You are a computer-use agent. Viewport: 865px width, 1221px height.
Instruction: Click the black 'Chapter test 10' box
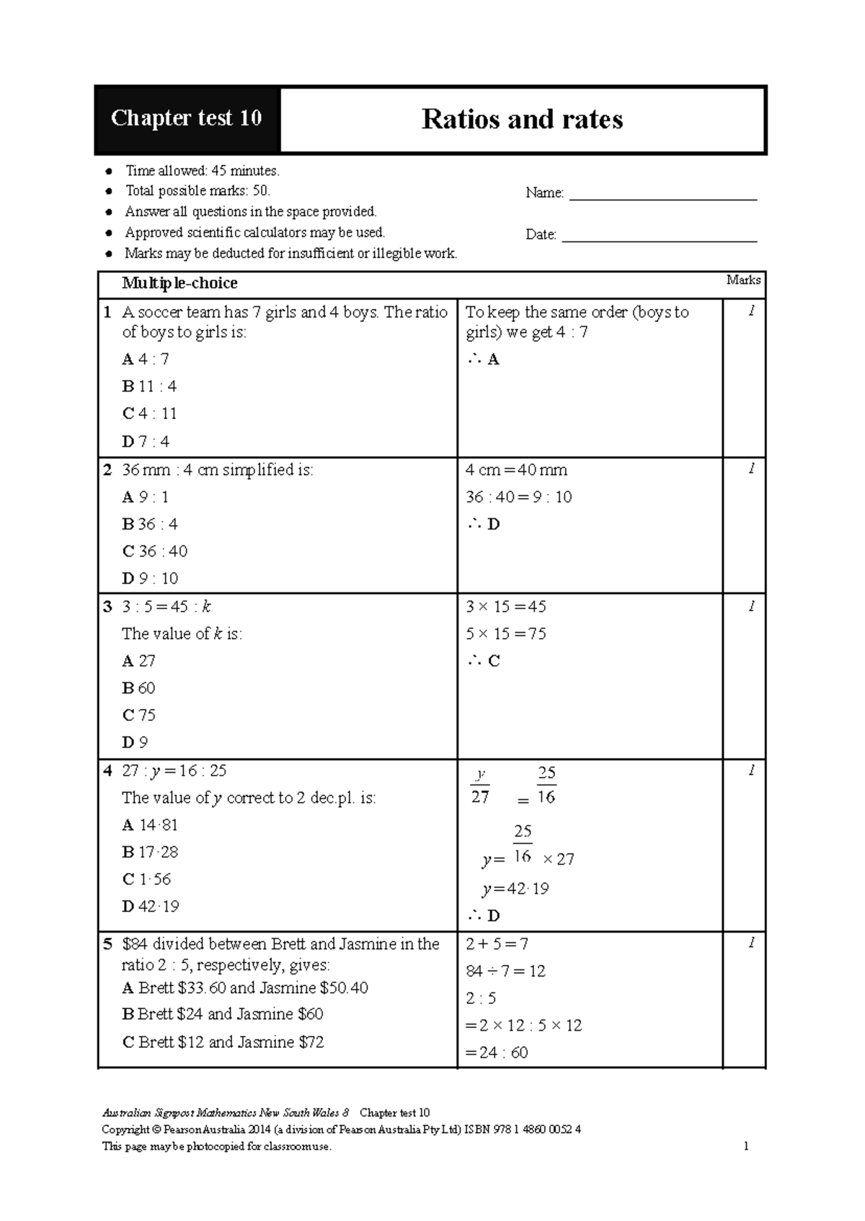(186, 119)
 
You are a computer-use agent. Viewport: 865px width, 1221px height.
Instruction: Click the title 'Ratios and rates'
(522, 120)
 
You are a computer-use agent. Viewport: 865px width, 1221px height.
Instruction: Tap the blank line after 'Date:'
(659, 236)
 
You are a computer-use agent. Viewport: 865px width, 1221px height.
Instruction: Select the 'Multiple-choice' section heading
(179, 283)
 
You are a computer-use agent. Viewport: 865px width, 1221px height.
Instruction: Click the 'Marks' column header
(743, 280)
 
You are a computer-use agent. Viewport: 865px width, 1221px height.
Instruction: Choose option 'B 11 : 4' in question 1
(149, 386)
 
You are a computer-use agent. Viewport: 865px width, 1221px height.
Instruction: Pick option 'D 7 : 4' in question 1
(146, 441)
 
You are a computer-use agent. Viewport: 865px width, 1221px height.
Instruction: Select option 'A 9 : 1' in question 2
(146, 497)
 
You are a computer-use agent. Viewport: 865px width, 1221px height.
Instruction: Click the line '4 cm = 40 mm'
(516, 470)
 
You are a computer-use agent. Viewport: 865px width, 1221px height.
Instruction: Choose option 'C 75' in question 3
(139, 715)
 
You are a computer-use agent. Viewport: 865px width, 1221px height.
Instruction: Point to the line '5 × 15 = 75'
(505, 634)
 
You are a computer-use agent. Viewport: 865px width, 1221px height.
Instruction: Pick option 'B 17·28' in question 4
(150, 852)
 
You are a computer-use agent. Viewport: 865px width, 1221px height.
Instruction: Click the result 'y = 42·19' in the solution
(515, 889)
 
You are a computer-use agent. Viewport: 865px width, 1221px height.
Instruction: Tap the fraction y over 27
(480, 786)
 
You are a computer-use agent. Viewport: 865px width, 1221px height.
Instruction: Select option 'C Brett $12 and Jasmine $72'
(223, 1042)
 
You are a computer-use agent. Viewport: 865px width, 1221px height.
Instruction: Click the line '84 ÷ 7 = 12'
(505, 971)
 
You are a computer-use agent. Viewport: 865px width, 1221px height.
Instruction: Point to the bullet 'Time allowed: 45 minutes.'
(202, 171)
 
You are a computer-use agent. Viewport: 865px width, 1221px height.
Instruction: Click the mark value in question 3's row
(751, 607)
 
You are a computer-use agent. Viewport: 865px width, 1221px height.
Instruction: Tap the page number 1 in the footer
(746, 1146)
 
